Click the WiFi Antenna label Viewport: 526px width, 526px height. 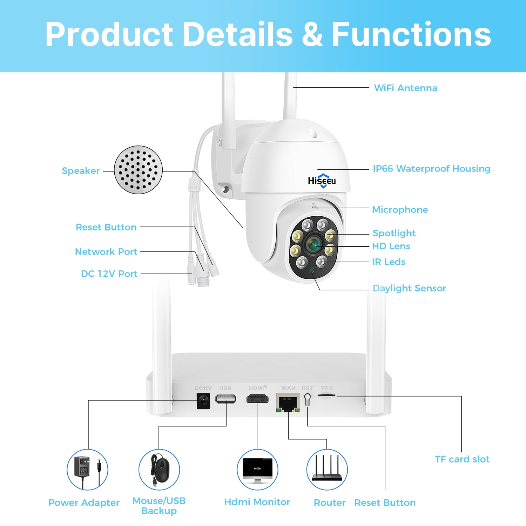[x=405, y=88]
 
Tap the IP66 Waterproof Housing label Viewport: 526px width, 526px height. [x=431, y=169]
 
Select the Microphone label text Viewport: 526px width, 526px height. [x=400, y=210]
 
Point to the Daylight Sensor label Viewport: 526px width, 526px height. [x=409, y=288]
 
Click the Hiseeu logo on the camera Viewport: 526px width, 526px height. [x=322, y=181]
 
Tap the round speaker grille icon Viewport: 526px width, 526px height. [x=138, y=170]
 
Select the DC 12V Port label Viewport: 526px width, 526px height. [x=109, y=274]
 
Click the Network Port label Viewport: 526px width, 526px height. [x=106, y=252]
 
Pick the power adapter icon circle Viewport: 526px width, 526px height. [x=87, y=470]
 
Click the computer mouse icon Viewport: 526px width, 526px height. [x=159, y=470]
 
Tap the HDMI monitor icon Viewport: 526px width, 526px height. [x=257, y=470]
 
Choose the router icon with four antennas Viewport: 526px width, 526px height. [x=327, y=470]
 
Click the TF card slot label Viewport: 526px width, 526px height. [x=462, y=459]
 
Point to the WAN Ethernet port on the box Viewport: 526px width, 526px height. [x=288, y=403]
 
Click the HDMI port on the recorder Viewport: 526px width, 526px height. [x=257, y=399]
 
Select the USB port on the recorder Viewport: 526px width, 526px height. [x=225, y=399]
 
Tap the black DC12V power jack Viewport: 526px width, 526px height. [x=203, y=401]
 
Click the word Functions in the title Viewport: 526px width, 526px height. [x=411, y=34]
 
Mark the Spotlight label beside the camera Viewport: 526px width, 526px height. [x=394, y=233]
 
